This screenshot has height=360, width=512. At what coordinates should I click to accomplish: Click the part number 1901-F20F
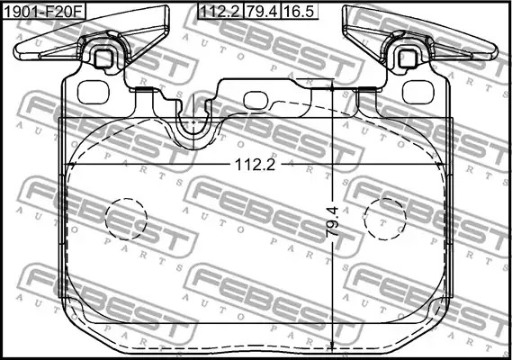pos(44,12)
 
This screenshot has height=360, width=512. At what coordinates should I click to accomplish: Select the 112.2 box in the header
pos(220,12)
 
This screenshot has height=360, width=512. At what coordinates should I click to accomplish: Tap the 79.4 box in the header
pos(262,12)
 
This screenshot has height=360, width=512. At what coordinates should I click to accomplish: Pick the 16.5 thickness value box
pos(300,12)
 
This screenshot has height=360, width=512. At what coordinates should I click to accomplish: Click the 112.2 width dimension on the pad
pos(255,165)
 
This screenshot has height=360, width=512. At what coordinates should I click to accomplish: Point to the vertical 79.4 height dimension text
pos(332,222)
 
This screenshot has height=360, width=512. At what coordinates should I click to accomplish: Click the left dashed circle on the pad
pos(126,219)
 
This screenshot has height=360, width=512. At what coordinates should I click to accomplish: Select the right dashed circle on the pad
pos(385,219)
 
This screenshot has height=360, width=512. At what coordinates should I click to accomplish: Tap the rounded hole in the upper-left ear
pos(93,92)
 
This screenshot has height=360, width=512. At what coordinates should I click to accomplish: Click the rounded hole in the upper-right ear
pos(418,92)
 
